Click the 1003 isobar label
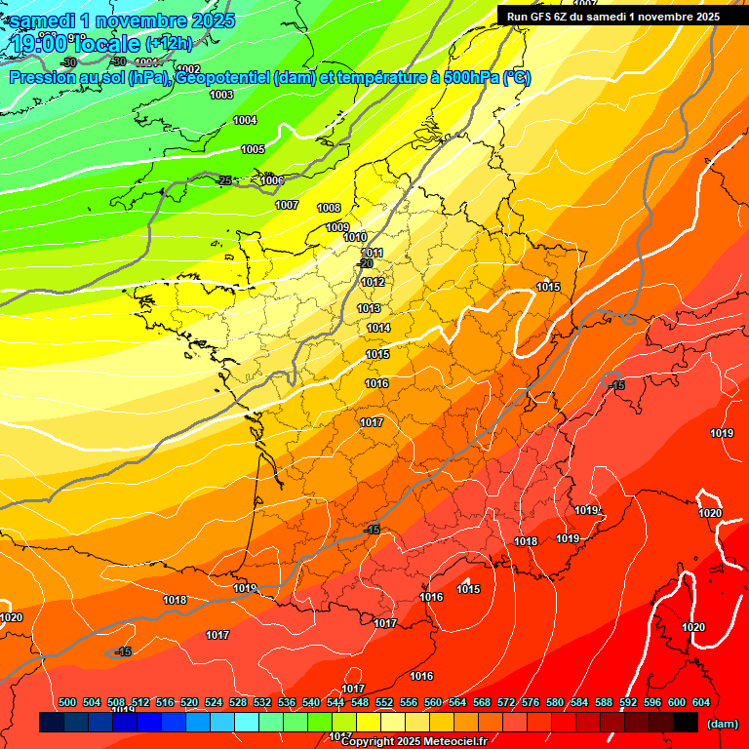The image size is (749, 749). coord(221,95)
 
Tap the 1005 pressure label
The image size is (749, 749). coord(253,149)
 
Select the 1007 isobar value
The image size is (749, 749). coord(287,205)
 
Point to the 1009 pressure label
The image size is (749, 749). coord(337,227)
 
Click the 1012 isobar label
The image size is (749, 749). coord(373,282)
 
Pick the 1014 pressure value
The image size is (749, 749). coord(378,328)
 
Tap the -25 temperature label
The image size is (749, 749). coord(225,180)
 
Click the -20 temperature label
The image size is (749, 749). coord(365,263)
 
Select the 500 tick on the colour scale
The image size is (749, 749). coord(67,702)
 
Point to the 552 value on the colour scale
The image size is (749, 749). coord(384,702)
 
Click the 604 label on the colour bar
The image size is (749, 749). coord(701,702)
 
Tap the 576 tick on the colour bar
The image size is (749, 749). coord(531,702)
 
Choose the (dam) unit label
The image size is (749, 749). coord(722,723)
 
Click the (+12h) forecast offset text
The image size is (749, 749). coord(169,43)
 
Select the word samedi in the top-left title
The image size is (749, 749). coord(45,20)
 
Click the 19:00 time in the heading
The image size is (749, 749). coord(40,44)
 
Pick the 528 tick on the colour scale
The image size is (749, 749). coord(238,702)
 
